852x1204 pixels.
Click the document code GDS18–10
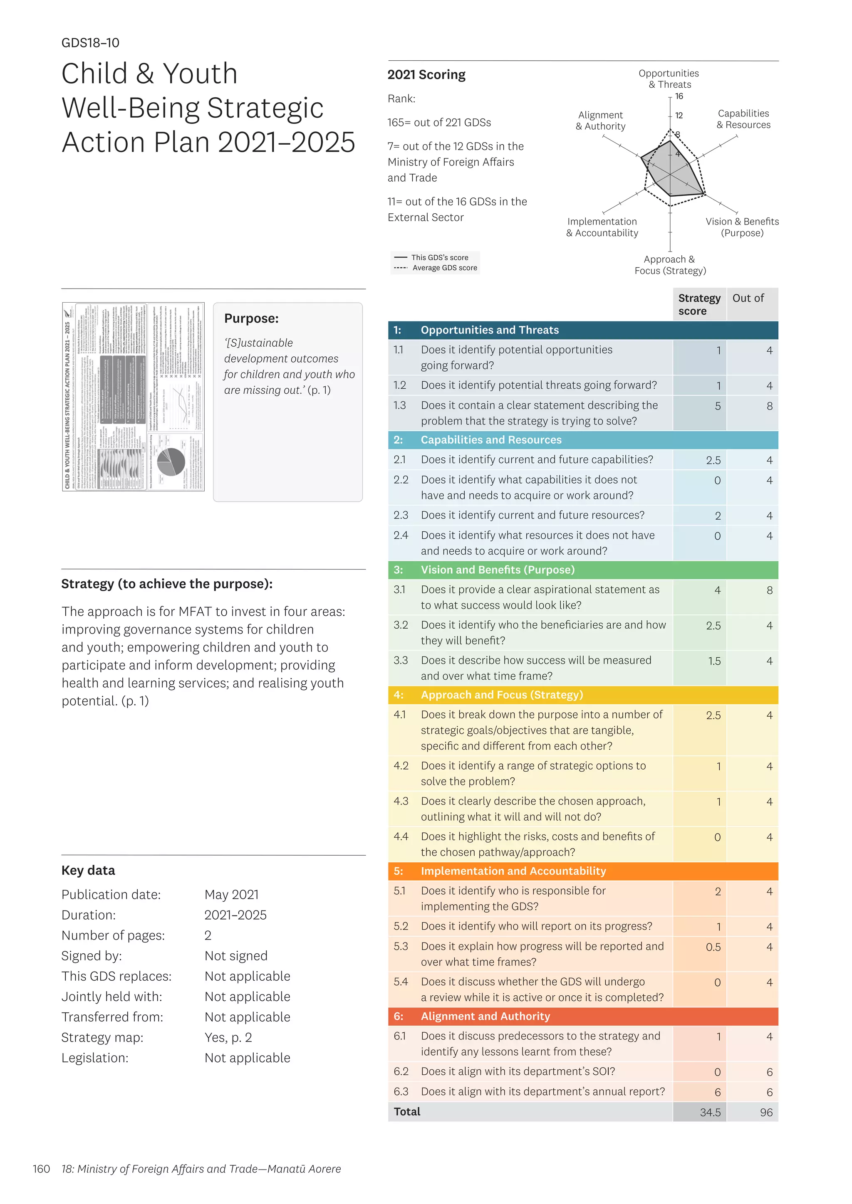tap(90, 43)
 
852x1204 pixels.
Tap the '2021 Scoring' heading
tap(426, 75)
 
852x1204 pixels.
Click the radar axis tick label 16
tap(679, 96)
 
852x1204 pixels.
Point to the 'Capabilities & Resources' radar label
tap(743, 119)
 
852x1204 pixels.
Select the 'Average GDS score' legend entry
tap(444, 268)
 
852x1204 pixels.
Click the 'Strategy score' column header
tap(699, 304)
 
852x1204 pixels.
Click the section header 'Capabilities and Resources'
tap(490, 440)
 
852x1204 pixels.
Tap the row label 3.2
tap(401, 625)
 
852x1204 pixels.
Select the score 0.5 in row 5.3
tap(713, 947)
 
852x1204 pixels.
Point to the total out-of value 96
tap(766, 1112)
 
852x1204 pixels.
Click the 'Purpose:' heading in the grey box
tap(251, 319)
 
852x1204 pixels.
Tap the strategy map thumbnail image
tap(133, 397)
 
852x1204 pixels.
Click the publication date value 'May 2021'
tap(231, 895)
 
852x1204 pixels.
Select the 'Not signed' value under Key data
tap(236, 956)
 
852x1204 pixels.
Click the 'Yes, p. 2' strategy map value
tap(228, 1037)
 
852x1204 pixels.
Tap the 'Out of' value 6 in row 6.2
tap(769, 1072)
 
